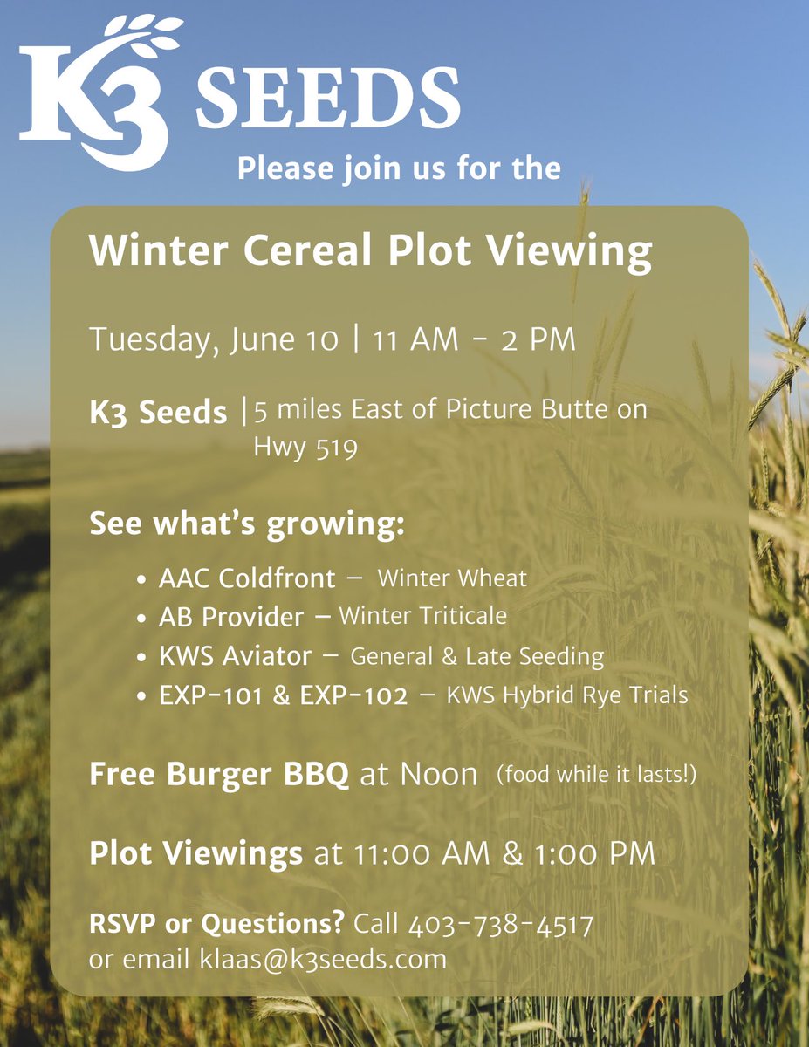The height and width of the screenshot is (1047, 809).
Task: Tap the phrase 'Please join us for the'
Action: coord(399,168)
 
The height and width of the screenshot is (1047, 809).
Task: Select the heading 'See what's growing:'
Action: coord(247,527)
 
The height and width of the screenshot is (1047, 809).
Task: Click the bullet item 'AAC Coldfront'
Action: coord(247,578)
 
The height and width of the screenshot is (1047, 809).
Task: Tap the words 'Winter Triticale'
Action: coord(422,616)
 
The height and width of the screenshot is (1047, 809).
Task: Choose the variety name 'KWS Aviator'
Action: coord(235,656)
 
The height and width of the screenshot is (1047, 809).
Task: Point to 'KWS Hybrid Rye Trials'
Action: coord(567,695)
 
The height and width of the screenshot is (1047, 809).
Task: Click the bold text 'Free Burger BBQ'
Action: coord(219,775)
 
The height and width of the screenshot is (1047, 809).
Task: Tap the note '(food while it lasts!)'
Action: coord(596,774)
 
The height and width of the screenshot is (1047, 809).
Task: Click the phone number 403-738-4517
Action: coord(500,924)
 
